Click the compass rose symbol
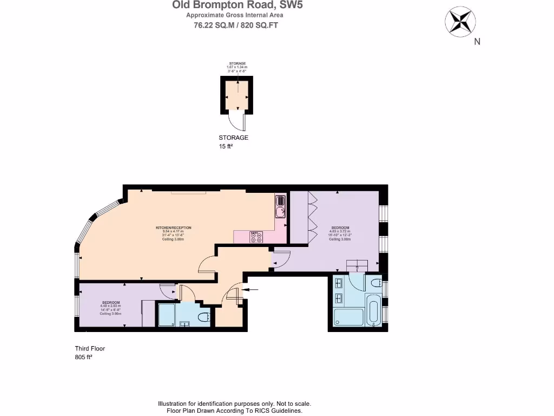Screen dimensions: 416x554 click(460, 21)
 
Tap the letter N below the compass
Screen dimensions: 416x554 click(477, 42)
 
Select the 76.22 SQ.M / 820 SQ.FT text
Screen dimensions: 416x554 click(236, 25)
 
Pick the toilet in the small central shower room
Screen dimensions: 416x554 click(204, 317)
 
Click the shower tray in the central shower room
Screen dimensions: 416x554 click(167, 315)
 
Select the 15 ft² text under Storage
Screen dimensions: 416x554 click(225, 146)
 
